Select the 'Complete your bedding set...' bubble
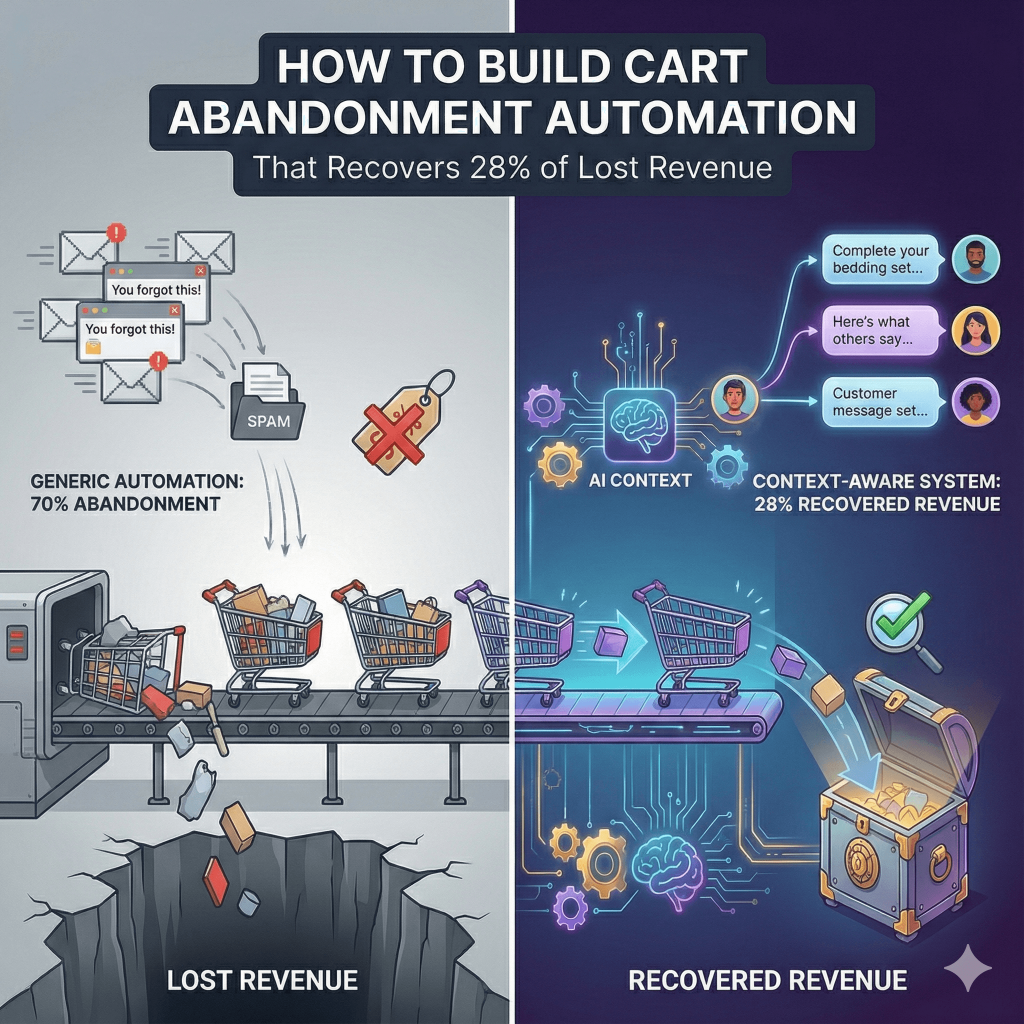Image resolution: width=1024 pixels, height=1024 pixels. click(880, 259)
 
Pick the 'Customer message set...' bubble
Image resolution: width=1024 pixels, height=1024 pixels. click(879, 402)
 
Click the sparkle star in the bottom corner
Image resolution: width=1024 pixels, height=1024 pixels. click(968, 968)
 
